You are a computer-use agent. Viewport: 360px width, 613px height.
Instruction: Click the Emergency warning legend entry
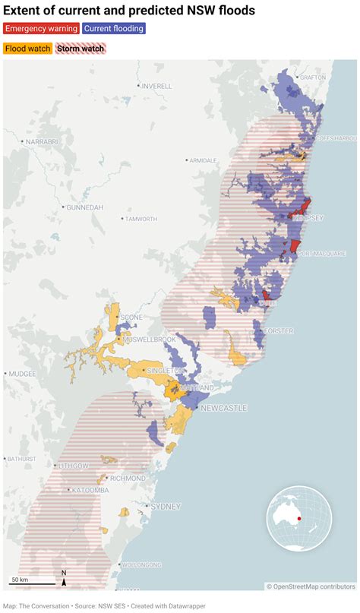coord(40,29)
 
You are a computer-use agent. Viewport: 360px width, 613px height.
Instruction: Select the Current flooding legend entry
coord(114,29)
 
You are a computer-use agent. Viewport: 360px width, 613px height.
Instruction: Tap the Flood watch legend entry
coord(27,49)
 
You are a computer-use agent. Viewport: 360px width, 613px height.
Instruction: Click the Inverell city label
coord(156,86)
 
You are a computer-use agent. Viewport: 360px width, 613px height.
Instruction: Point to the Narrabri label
coord(41,141)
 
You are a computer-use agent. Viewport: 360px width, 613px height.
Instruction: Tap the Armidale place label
coord(203,160)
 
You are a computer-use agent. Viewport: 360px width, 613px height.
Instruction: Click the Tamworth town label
coord(141,219)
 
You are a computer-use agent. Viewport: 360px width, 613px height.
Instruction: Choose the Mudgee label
coord(22,374)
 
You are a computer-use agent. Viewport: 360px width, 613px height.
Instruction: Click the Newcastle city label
coord(223,408)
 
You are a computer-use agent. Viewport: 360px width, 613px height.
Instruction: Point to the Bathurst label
coord(23,459)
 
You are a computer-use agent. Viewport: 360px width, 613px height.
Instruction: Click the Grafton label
coord(312,77)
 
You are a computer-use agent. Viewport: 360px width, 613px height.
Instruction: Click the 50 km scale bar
coord(32,583)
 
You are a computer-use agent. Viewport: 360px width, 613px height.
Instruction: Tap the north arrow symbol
coord(64,579)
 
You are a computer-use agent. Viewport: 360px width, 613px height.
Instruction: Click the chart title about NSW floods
coord(129,10)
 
